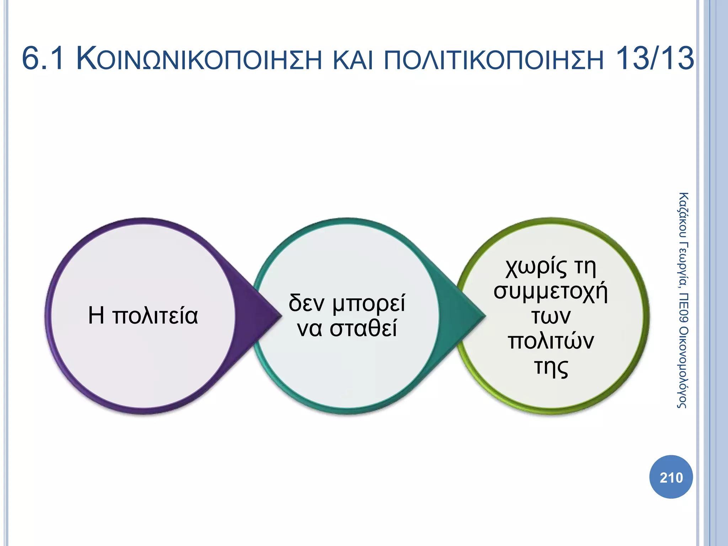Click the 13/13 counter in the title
click(x=654, y=59)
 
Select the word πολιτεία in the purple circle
click(x=155, y=316)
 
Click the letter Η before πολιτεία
click(x=96, y=316)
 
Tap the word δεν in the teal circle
click(x=306, y=303)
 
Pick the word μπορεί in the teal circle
click(x=369, y=304)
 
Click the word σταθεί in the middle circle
click(x=363, y=328)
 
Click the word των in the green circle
click(x=551, y=316)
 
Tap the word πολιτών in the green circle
click(x=551, y=341)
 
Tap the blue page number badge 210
click(x=671, y=477)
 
